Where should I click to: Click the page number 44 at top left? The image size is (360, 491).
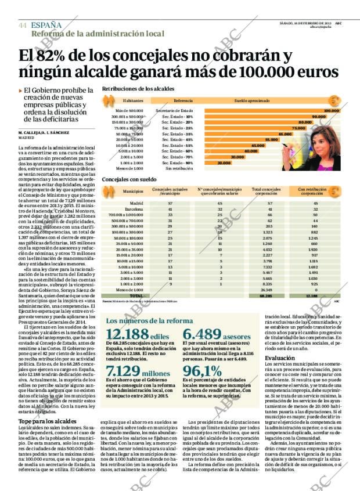coord(23,26)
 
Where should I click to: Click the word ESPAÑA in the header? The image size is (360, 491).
coord(46,26)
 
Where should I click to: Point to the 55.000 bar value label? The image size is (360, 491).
coord(271,140)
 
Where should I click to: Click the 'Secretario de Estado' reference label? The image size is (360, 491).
coord(175,110)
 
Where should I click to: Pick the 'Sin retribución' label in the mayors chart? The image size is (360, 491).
coord(175,168)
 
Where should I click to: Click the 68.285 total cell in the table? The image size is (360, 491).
coord(267,295)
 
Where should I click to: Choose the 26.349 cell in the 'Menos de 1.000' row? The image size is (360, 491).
coord(267,290)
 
